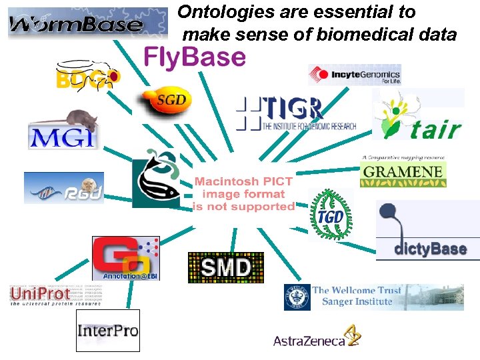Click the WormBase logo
[87, 23]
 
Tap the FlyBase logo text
[195, 57]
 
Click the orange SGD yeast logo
[165, 101]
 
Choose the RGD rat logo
[64, 188]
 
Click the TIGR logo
[297, 113]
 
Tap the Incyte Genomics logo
[355, 75]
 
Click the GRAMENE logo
[403, 172]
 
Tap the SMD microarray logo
[226, 267]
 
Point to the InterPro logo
[107, 330]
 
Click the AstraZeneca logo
[317, 338]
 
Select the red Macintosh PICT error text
[243, 194]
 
